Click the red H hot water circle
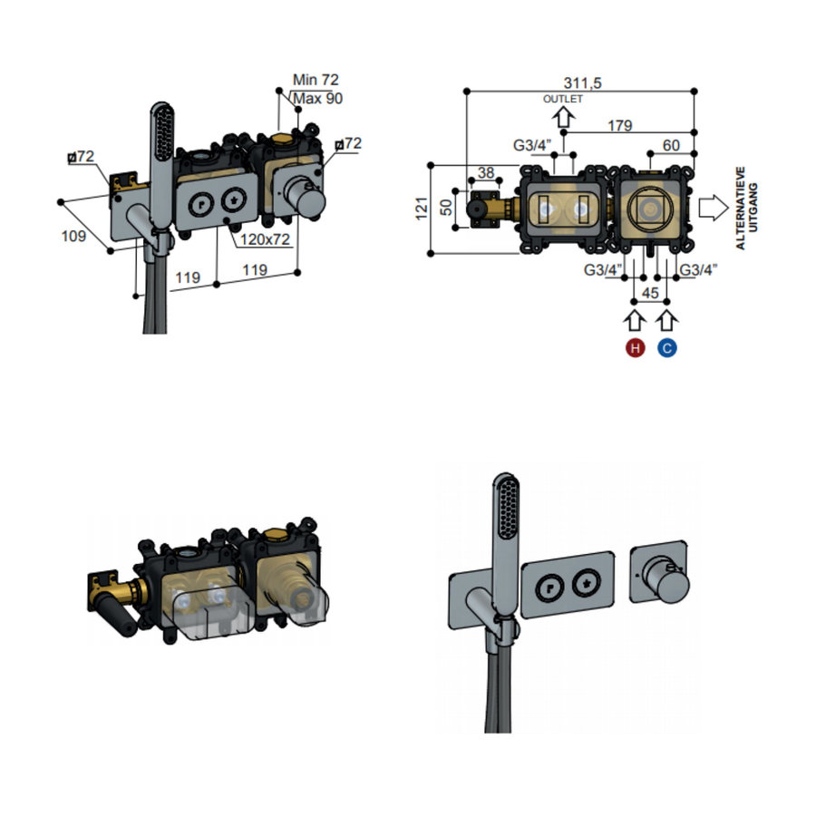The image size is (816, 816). coord(635,347)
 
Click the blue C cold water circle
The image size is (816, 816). coord(667,347)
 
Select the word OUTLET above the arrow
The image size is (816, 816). coord(562,98)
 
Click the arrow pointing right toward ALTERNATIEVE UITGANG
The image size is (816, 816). coord(713,208)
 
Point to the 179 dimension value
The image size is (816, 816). coord(620,125)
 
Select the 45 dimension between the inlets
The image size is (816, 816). coord(650,292)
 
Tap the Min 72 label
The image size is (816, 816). coord(316,81)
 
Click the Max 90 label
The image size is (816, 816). coord(317,98)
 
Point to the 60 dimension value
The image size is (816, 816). coord(672,144)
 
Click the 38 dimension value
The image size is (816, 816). coord(485,171)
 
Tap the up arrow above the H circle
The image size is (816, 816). coord(635,320)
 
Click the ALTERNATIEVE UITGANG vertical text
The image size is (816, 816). coord(744,208)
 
